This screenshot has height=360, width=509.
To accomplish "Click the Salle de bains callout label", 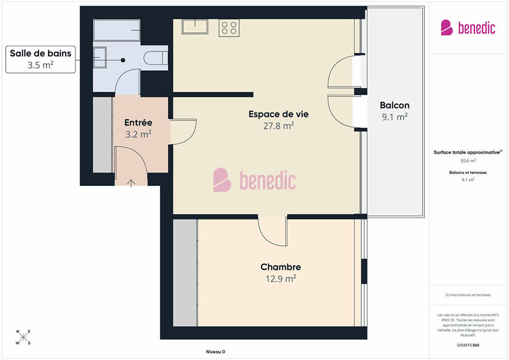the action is [x=41, y=59].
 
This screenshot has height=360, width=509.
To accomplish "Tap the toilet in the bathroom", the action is [x=155, y=58].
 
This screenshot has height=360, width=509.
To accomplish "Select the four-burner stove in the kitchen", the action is [x=229, y=28].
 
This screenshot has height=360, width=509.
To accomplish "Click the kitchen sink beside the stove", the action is [x=195, y=27].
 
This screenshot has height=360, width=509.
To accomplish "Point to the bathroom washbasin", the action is [x=100, y=58].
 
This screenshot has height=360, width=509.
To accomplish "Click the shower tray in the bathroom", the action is [x=117, y=30].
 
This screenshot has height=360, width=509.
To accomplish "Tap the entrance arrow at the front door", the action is [x=131, y=183].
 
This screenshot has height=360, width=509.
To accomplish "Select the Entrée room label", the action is [x=138, y=122].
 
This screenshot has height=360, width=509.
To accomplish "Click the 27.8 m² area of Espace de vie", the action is [x=279, y=125].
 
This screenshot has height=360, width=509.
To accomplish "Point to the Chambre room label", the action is [x=281, y=267].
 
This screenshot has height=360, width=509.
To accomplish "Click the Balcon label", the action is [x=394, y=105].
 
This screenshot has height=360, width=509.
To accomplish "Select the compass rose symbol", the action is [x=23, y=337].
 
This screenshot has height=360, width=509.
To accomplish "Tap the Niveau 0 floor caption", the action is [x=215, y=352].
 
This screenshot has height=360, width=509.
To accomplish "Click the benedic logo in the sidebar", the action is [x=468, y=28].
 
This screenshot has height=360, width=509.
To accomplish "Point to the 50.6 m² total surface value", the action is [x=468, y=160].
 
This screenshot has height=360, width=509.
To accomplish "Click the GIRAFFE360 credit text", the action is [x=468, y=345].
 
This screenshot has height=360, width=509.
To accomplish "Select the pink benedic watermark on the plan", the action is [x=254, y=180].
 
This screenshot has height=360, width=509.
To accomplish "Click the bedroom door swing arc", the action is [x=269, y=236].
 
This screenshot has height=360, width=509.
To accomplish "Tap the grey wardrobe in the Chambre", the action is [x=185, y=273].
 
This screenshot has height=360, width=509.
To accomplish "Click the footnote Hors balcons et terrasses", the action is [x=468, y=295].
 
